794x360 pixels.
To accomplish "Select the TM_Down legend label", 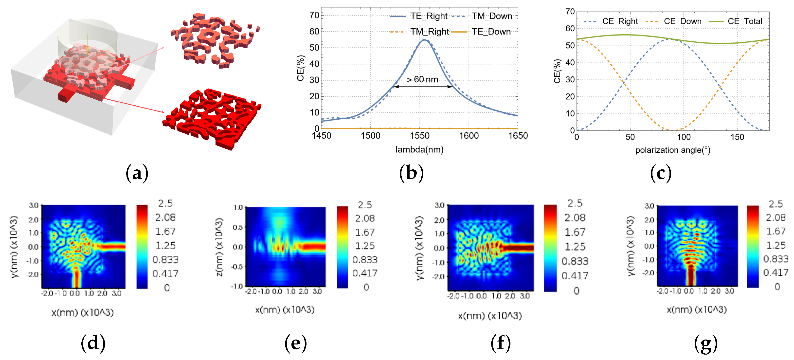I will pos(492,16).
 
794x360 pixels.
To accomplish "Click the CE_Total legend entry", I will pos(745,21).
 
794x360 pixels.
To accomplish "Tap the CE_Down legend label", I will pos(683,21).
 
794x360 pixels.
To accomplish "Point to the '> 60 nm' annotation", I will pos(422,79).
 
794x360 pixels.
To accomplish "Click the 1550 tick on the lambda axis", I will pos(419,136).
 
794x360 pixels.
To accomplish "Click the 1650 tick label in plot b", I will pos(518,136).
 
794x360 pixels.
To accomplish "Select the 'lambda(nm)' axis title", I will pos(419,150).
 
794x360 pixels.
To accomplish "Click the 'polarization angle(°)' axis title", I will pos(673,150).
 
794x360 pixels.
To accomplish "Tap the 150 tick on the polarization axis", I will pos(737,137).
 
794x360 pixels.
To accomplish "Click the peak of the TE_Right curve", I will pos(424,39).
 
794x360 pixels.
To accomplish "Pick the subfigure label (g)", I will pos(706,343).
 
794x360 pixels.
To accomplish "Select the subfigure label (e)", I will pos(296,343).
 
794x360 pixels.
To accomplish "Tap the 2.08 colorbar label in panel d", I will pos(165,217).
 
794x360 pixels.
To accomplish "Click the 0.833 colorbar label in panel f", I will pos(575,261).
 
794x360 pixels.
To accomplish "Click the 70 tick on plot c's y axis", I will pos(570,12).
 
